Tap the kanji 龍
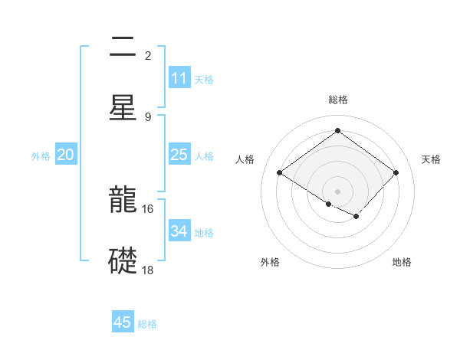[x=123, y=201]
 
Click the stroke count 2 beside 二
[x=147, y=56]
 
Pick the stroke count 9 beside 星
[x=147, y=116]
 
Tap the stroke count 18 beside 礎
[x=148, y=270]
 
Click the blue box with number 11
[x=179, y=78]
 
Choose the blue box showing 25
[x=179, y=155]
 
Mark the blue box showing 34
[x=179, y=231]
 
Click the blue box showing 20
[x=65, y=155]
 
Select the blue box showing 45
[x=123, y=322]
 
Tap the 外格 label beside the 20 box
[x=41, y=156]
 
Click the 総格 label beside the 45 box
[x=147, y=324]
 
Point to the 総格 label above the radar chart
[x=337, y=100]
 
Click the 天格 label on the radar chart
[x=431, y=159]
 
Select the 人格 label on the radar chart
[x=245, y=159]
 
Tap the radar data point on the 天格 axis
[x=396, y=173]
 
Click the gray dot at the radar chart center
[x=337, y=191]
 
